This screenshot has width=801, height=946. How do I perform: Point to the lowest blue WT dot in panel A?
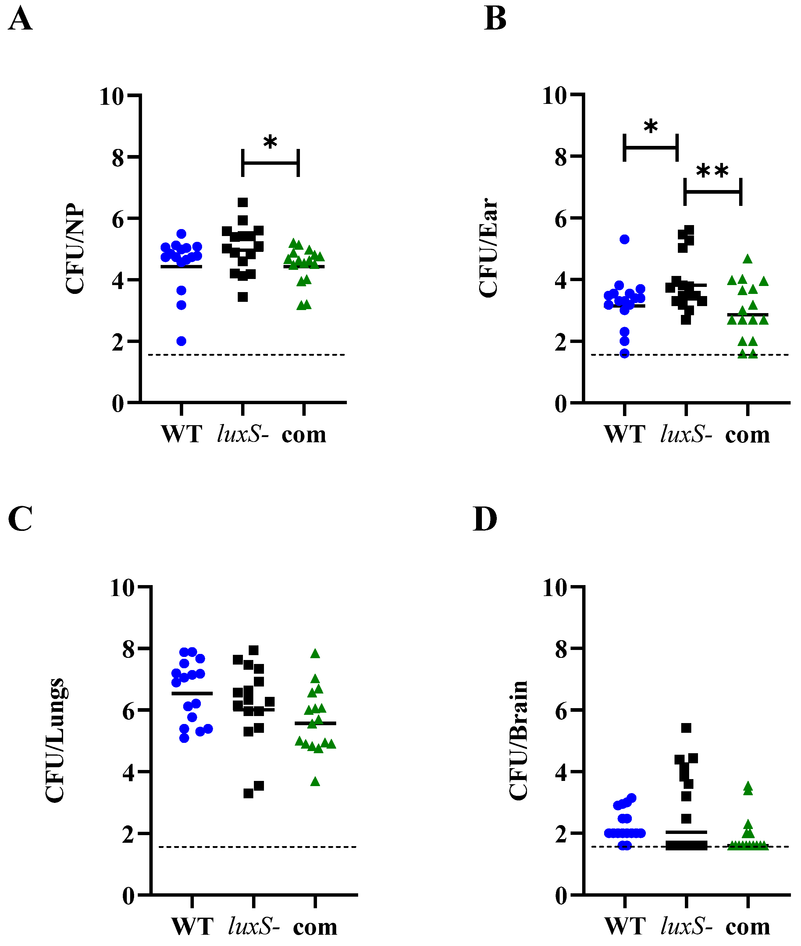coord(181,341)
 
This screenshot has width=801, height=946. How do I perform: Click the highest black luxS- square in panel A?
coord(243,202)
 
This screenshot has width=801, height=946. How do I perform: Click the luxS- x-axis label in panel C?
coord(254,926)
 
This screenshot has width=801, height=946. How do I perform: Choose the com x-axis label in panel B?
coord(747,435)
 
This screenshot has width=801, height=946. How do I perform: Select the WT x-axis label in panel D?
coord(625,926)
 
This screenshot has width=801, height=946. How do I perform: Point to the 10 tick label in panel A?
coord(112,96)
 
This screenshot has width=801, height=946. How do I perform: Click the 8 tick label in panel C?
coord(129,650)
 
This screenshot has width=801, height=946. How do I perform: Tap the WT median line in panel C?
coord(192,693)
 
